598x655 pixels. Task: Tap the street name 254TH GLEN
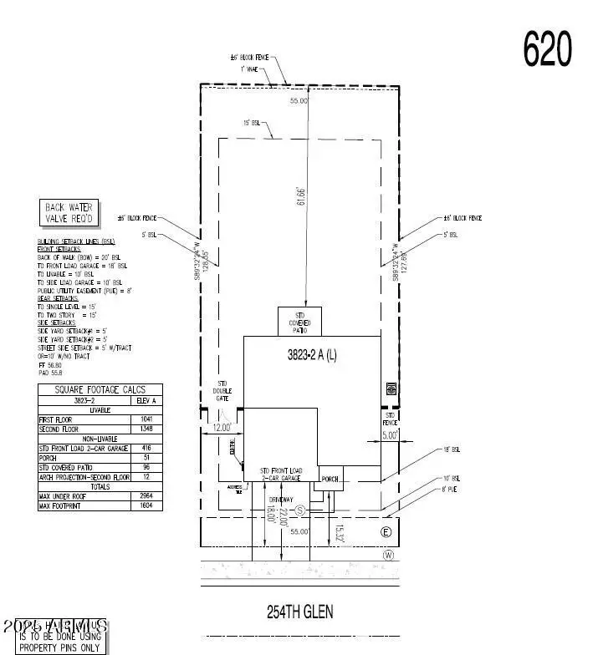299,612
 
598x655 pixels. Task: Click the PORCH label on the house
332,479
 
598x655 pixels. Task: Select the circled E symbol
386,532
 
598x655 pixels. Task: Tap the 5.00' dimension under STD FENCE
390,435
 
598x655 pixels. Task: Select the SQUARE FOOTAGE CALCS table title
100,389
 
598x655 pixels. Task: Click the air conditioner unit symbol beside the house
390,388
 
